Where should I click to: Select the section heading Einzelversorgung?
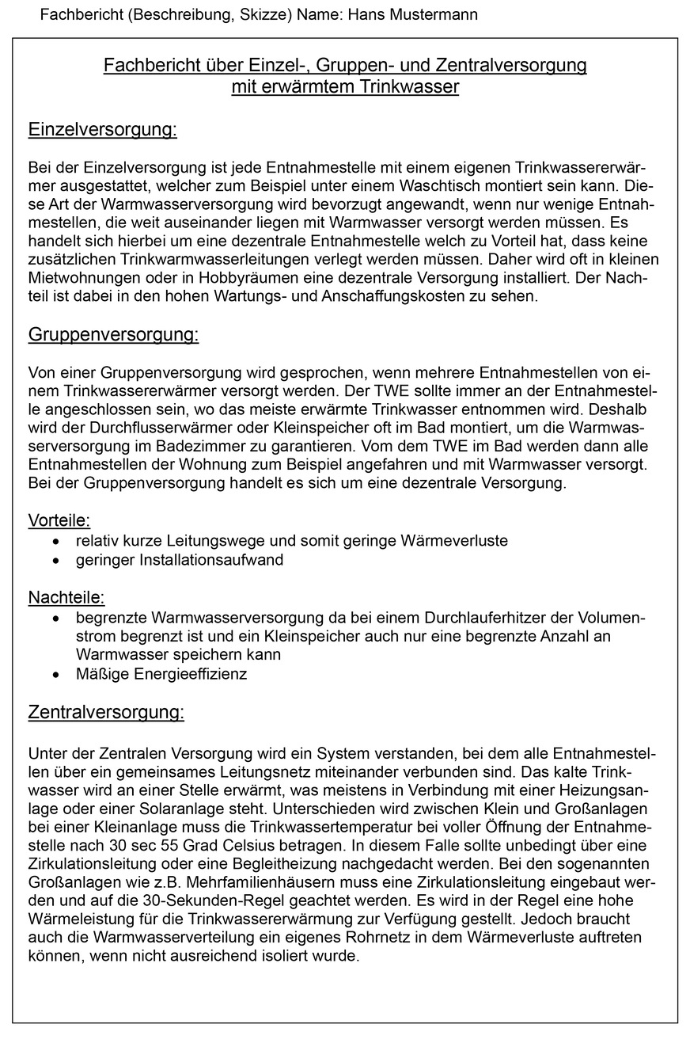[102, 130]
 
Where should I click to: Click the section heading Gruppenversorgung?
[113, 335]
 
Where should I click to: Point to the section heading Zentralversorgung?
[106, 713]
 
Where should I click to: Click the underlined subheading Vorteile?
[59, 521]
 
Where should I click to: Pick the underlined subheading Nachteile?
[66, 597]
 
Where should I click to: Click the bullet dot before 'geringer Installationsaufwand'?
[55, 560]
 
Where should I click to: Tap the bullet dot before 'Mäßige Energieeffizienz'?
[55, 674]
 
